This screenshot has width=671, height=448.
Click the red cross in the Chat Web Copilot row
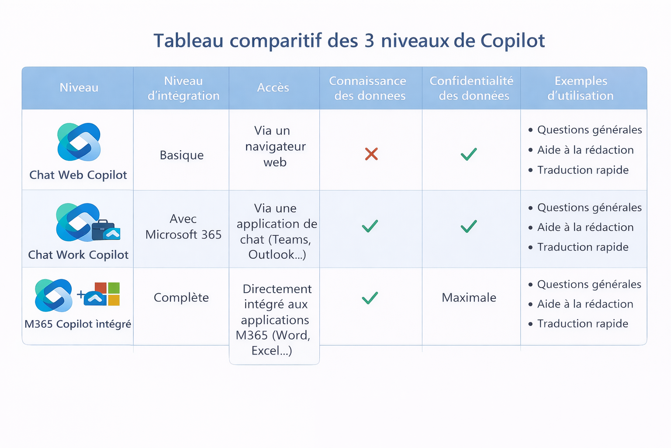pyautogui.click(x=371, y=154)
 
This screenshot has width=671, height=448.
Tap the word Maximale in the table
pyautogui.click(x=469, y=297)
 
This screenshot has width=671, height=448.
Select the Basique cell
pyautogui.click(x=182, y=155)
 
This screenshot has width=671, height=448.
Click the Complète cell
pyautogui.click(x=181, y=297)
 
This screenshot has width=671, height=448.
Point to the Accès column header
pyautogui.click(x=273, y=87)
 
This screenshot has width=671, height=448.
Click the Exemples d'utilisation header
pyautogui.click(x=581, y=88)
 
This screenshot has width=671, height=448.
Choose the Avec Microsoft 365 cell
pyautogui.click(x=183, y=227)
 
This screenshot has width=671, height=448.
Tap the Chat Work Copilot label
pyautogui.click(x=78, y=255)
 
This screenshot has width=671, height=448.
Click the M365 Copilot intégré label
pyautogui.click(x=78, y=324)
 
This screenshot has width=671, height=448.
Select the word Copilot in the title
pyautogui.click(x=512, y=41)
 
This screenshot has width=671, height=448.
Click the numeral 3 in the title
pyautogui.click(x=369, y=41)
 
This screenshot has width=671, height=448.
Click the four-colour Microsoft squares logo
pyautogui.click(x=107, y=294)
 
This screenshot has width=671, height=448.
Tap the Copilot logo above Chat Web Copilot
pyautogui.click(x=79, y=142)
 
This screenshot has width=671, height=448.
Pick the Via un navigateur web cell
pyautogui.click(x=275, y=147)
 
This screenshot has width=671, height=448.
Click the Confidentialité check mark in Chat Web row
pyautogui.click(x=468, y=154)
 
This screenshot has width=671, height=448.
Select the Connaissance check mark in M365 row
pyautogui.click(x=370, y=298)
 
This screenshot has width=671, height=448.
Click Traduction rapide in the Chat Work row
pyautogui.click(x=583, y=247)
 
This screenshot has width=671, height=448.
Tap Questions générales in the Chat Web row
pyautogui.click(x=589, y=130)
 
